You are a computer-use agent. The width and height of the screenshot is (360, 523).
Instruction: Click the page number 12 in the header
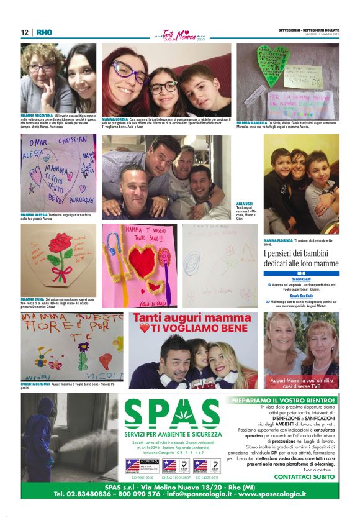(25, 32)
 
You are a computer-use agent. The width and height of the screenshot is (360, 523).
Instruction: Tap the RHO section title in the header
(44, 32)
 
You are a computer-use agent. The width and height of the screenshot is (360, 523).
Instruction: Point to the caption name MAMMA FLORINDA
(278, 239)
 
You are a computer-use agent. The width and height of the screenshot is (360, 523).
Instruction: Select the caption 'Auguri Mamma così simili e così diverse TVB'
(302, 383)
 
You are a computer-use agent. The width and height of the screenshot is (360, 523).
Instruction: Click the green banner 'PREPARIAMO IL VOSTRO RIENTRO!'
(282, 401)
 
